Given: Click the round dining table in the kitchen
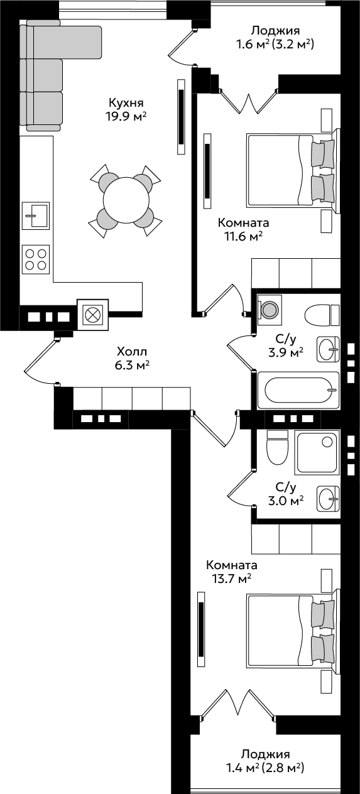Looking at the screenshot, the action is point(126,200).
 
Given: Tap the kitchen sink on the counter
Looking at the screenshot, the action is point(35,215).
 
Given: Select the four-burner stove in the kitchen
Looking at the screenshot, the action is point(35,259).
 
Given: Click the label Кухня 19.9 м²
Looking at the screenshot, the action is point(126,109).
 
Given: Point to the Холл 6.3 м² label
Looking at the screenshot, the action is point(131,358).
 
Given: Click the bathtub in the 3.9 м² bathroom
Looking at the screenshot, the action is point(298,390).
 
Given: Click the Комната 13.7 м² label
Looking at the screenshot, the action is point(232,571).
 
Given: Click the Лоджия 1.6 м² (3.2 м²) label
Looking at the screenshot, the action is point(275,37).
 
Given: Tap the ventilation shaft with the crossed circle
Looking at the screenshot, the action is point(92,315).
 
